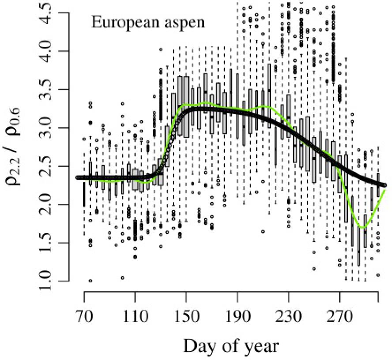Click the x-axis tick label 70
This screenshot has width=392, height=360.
click(x=84, y=317)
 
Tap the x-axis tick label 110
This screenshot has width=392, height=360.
click(x=135, y=317)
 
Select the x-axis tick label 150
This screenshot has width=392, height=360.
click(x=186, y=317)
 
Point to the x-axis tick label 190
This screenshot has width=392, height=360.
click(x=237, y=317)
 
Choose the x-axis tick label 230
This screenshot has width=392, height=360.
click(x=289, y=317)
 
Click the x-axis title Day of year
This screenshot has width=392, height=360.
click(x=231, y=345)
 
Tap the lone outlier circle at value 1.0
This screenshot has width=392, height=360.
click(x=90, y=281)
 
